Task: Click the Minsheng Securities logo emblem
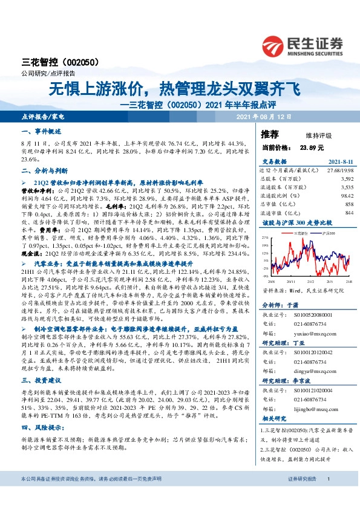pos(275,45)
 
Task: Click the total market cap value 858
pos(330,204)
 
